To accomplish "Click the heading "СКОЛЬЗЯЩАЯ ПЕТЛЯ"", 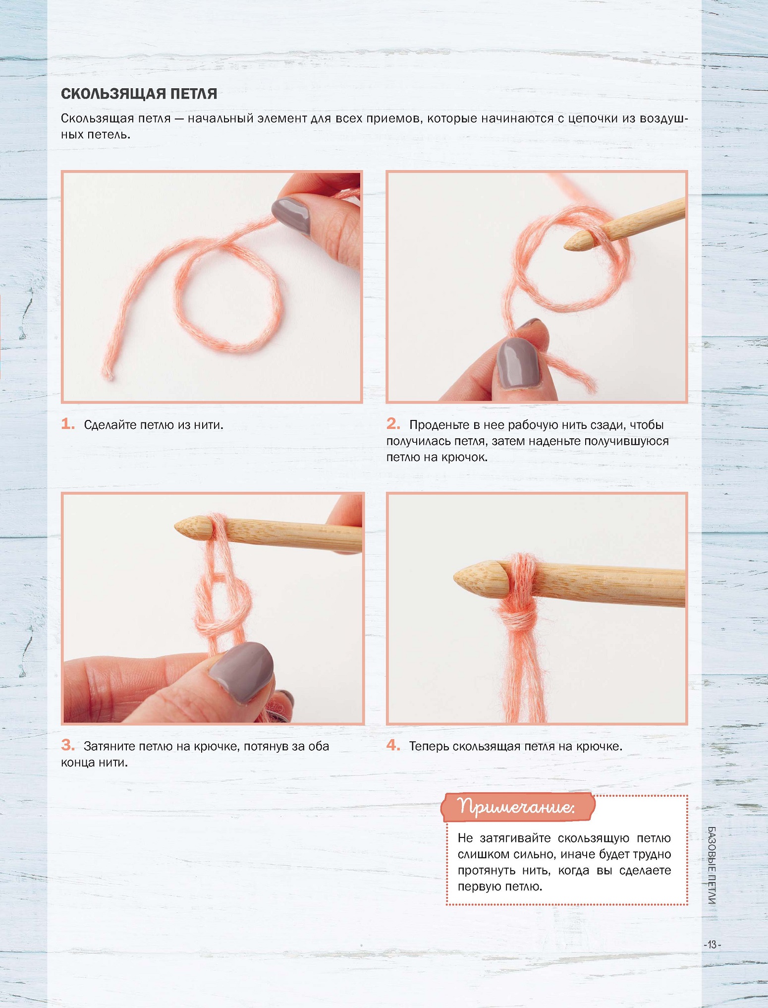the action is (139, 94).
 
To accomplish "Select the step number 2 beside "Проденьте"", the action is (393, 423).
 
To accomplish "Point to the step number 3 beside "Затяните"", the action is (68, 745).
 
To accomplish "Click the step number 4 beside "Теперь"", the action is (393, 745).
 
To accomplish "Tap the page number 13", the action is (712, 945).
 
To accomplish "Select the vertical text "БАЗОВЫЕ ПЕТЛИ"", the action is (712, 865).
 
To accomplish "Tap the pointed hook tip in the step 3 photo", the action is (179, 527).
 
